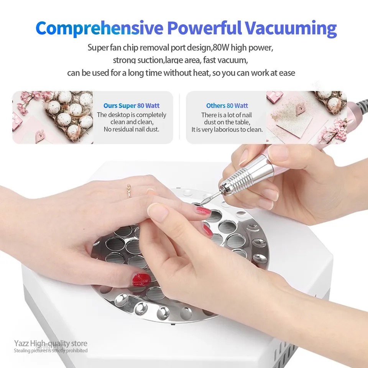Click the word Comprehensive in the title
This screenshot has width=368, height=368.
click(99, 28)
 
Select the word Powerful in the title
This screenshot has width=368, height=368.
click(204, 28)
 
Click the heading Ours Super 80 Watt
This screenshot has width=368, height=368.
click(131, 106)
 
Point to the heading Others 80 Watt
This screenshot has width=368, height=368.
click(227, 106)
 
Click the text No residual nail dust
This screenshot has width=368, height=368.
click(131, 129)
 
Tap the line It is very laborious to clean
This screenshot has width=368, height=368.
click(227, 129)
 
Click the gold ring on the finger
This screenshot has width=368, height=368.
click(129, 191)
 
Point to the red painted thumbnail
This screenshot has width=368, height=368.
click(141, 279)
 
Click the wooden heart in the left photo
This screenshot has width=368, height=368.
click(39, 135)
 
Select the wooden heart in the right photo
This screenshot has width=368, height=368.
click(300, 109)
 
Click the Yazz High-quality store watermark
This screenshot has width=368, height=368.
click(51, 343)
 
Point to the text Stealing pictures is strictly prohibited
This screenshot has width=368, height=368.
click(51, 351)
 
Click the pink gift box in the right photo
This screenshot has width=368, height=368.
click(274, 97)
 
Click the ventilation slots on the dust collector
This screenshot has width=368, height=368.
click(287, 357)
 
